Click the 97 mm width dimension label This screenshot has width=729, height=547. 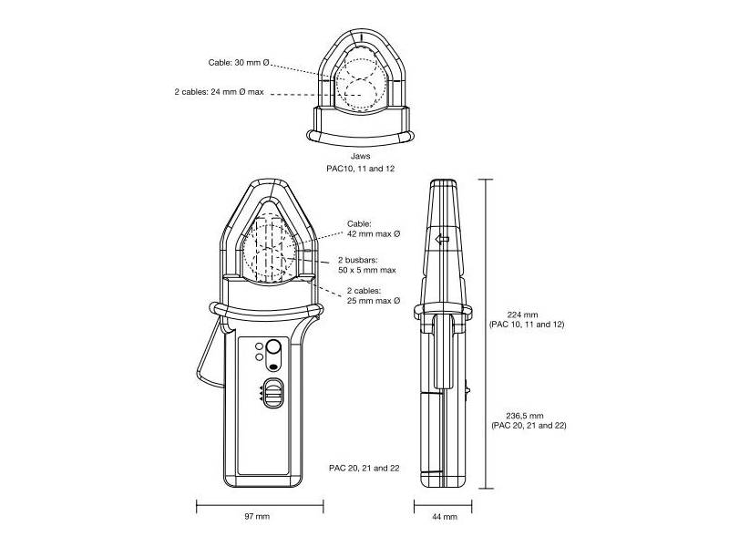pos(258,517)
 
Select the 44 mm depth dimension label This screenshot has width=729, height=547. pos(444,517)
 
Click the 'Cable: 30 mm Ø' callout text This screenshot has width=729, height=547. pos(238,62)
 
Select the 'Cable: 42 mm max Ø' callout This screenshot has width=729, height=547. pos(374,229)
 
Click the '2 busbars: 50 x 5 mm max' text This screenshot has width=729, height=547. pos(366,265)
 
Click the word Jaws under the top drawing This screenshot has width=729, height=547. pos(364,157)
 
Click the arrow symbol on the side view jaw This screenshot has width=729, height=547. pos(444,240)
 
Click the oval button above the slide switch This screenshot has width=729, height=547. pos(273,353)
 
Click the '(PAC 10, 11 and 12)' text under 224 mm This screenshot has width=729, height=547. pos(527,325)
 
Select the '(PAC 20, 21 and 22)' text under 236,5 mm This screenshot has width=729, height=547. pos(529,427)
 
